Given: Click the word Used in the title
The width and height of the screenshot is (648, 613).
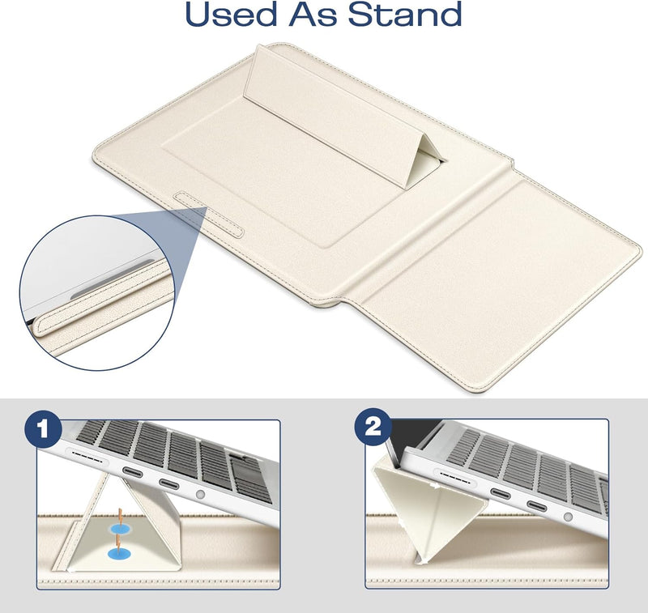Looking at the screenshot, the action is click(231, 14).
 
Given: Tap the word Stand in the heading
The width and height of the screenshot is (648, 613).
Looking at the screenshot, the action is click(405, 14).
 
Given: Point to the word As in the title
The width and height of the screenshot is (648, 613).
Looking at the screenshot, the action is click(313, 14).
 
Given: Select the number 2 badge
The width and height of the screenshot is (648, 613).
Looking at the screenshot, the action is click(373, 427).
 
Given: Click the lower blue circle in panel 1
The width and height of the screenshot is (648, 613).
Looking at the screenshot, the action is click(117, 554).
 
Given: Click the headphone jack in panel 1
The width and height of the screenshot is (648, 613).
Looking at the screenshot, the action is click(200, 494).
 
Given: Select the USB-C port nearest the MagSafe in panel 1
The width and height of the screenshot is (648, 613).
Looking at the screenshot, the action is click(132, 472).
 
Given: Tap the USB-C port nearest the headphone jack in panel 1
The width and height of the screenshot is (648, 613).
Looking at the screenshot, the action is click(169, 483).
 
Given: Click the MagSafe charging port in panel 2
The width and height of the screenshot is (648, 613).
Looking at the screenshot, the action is click(454, 477).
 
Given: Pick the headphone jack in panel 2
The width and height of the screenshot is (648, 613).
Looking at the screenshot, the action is click(569, 517).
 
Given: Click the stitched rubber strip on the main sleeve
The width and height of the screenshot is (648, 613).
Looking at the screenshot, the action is click(209, 215).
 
